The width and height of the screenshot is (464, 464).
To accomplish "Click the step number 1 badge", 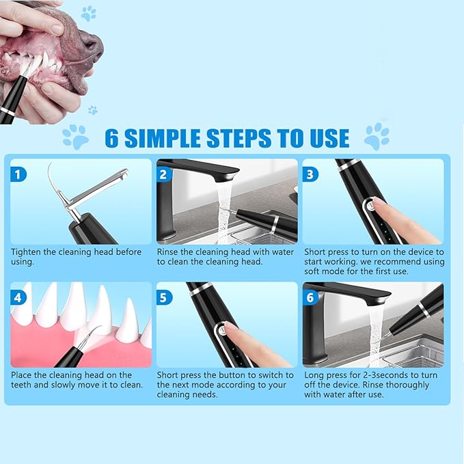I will click(x=19, y=174).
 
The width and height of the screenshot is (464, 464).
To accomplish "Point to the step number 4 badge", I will click(x=19, y=297).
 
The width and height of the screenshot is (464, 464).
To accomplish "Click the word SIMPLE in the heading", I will click(x=169, y=137).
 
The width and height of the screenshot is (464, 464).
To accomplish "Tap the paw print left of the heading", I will click(x=75, y=137).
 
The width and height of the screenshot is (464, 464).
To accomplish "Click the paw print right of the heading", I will click(x=377, y=137).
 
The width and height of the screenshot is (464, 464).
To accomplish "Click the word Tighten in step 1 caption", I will click(x=28, y=252).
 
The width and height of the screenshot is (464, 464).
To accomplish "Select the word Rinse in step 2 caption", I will click(x=169, y=252).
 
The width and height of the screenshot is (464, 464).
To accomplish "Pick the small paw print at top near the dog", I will click(x=88, y=13).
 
